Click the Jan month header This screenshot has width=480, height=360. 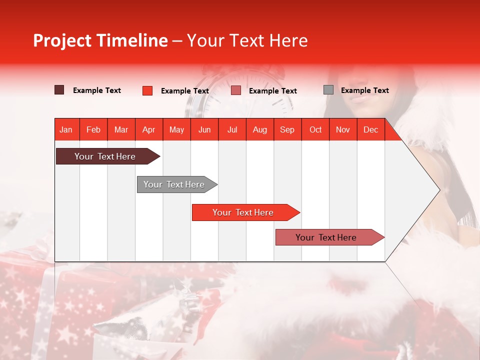coord(66,129)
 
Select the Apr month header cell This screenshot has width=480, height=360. coord(148,129)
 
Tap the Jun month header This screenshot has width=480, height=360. coord(204,129)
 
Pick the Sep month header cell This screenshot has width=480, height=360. coord(287,129)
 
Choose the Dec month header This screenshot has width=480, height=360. coord(370,129)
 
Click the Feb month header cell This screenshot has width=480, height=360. coord(93,129)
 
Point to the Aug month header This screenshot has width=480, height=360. coord(259,129)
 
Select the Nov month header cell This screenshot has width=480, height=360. coord(342,129)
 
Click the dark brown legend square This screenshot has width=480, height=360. coord(59,90)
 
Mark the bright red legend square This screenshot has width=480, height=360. coord(147,90)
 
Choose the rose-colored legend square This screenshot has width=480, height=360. coord(236,90)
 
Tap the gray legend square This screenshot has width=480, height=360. coord(328,90)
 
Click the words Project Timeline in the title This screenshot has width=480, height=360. coord(100,40)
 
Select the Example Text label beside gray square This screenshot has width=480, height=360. coord(364,90)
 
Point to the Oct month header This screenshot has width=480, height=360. coord(315,129)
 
